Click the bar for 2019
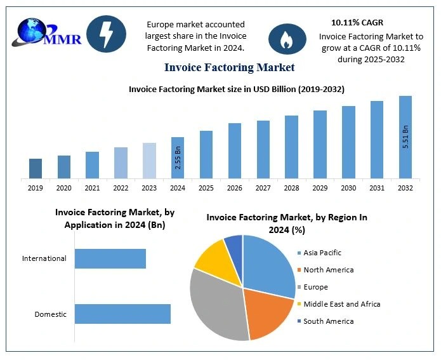click(x=36, y=168)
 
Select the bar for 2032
click(x=405, y=137)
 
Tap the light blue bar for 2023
click(x=149, y=161)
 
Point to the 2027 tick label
click(x=263, y=188)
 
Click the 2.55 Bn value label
click(x=178, y=157)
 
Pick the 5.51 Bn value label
click(x=405, y=137)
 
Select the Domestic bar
click(x=122, y=314)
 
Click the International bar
click(x=110, y=258)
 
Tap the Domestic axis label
click(x=50, y=314)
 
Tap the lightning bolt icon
click(x=105, y=34)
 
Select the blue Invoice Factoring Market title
click(x=229, y=67)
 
